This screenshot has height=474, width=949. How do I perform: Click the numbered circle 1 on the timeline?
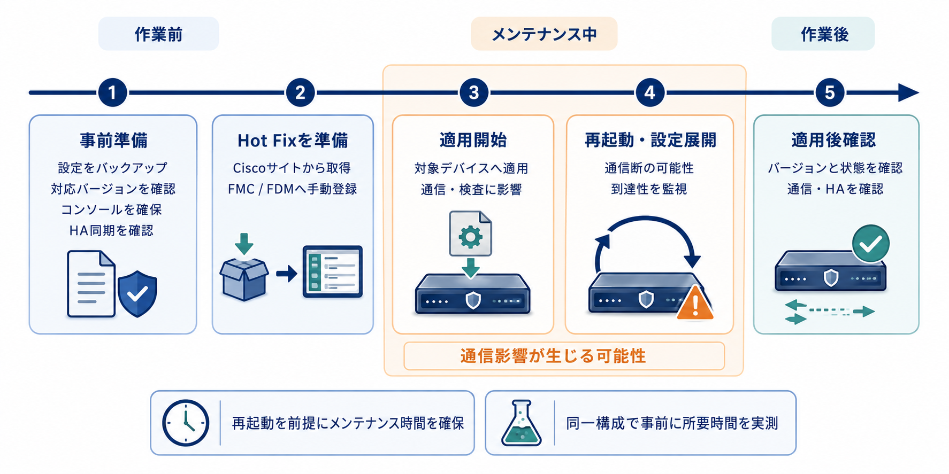pyautogui.click(x=112, y=92)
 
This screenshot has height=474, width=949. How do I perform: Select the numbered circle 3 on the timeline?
pyautogui.click(x=473, y=92)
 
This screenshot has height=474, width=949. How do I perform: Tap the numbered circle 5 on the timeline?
pyautogui.click(x=830, y=92)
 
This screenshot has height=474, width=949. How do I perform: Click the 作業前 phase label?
pyautogui.click(x=158, y=34)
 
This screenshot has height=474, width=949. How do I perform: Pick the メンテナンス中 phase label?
pyautogui.click(x=544, y=34)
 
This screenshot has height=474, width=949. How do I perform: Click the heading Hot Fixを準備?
pyautogui.click(x=293, y=141)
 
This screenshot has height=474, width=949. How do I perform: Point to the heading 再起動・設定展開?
pyautogui.click(x=650, y=140)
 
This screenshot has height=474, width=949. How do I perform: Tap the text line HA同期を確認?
pyautogui.click(x=111, y=230)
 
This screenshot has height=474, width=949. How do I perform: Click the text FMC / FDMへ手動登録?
pyautogui.click(x=293, y=189)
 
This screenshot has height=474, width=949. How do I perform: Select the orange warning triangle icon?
pyautogui.click(x=695, y=303)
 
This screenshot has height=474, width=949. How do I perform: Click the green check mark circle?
pyautogui.click(x=870, y=244)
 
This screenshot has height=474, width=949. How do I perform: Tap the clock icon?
pyautogui.click(x=186, y=423)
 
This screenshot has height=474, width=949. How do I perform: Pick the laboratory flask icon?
pyautogui.click(x=521, y=423)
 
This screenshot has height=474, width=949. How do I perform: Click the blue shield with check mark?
pyautogui.click(x=137, y=293)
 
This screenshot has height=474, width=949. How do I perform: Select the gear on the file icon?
pyautogui.click(x=470, y=236)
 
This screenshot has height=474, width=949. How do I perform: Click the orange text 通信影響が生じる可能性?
pyautogui.click(x=553, y=356)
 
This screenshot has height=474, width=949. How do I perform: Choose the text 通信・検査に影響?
pyautogui.click(x=471, y=189)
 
